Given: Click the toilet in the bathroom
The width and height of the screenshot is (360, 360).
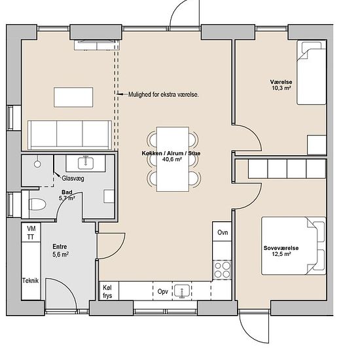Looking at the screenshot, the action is coord(37,204).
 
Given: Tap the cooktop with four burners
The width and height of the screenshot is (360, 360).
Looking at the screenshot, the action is coord(222,270).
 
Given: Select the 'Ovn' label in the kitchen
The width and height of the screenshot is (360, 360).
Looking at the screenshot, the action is coord(223,232).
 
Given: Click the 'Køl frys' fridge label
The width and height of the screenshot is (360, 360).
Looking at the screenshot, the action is coord(107,291).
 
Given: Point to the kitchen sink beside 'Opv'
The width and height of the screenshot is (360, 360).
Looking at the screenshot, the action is coord(182,291).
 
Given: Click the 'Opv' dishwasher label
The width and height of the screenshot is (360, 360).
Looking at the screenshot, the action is coord(163,292).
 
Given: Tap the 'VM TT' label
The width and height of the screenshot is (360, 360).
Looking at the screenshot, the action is coord(31,232).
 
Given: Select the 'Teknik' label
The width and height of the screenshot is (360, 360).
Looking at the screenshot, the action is coord(30,281).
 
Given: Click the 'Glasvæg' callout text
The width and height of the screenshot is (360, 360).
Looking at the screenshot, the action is coord(73,179).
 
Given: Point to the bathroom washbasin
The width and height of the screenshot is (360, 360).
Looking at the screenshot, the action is coord(86,163).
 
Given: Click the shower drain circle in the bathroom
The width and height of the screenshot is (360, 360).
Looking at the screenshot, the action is coord(37,164).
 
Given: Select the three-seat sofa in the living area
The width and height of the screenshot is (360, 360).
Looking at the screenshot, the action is coord(70,135).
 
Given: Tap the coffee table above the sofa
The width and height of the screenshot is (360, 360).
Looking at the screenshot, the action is coord(73,97).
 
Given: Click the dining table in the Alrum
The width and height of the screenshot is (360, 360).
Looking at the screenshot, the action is coord(173,159).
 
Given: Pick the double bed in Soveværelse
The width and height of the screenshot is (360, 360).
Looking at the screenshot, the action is coord(294,246).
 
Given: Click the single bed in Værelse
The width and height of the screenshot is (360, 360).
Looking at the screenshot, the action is coord(312,73).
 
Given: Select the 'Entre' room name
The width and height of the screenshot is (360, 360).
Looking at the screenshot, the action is coord(60,247).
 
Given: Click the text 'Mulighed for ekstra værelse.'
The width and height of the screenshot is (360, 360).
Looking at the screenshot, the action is coord(164,94).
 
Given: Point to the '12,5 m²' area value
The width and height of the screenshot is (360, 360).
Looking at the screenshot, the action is coord(281,254).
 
